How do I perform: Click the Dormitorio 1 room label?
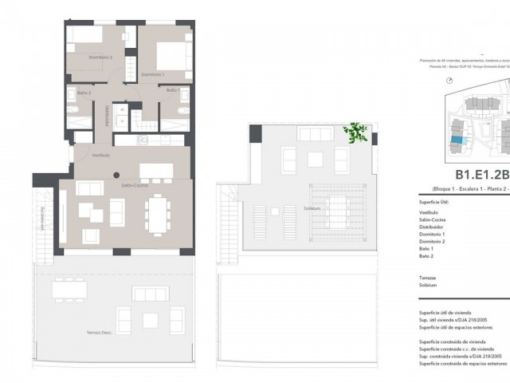tap(152, 74)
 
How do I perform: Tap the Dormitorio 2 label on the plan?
tap(100, 57)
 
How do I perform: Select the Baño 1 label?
tap(173, 90)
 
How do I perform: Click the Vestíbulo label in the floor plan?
tap(100, 155)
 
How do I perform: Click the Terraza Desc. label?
tap(100, 332)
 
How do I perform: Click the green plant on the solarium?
tap(355, 132)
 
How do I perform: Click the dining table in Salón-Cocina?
tap(157, 215)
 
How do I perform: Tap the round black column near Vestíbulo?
tap(116, 175)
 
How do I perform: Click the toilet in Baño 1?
tap(183, 111)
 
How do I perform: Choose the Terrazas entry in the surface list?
tap(428, 277)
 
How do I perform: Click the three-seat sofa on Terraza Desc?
tap(150, 294)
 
